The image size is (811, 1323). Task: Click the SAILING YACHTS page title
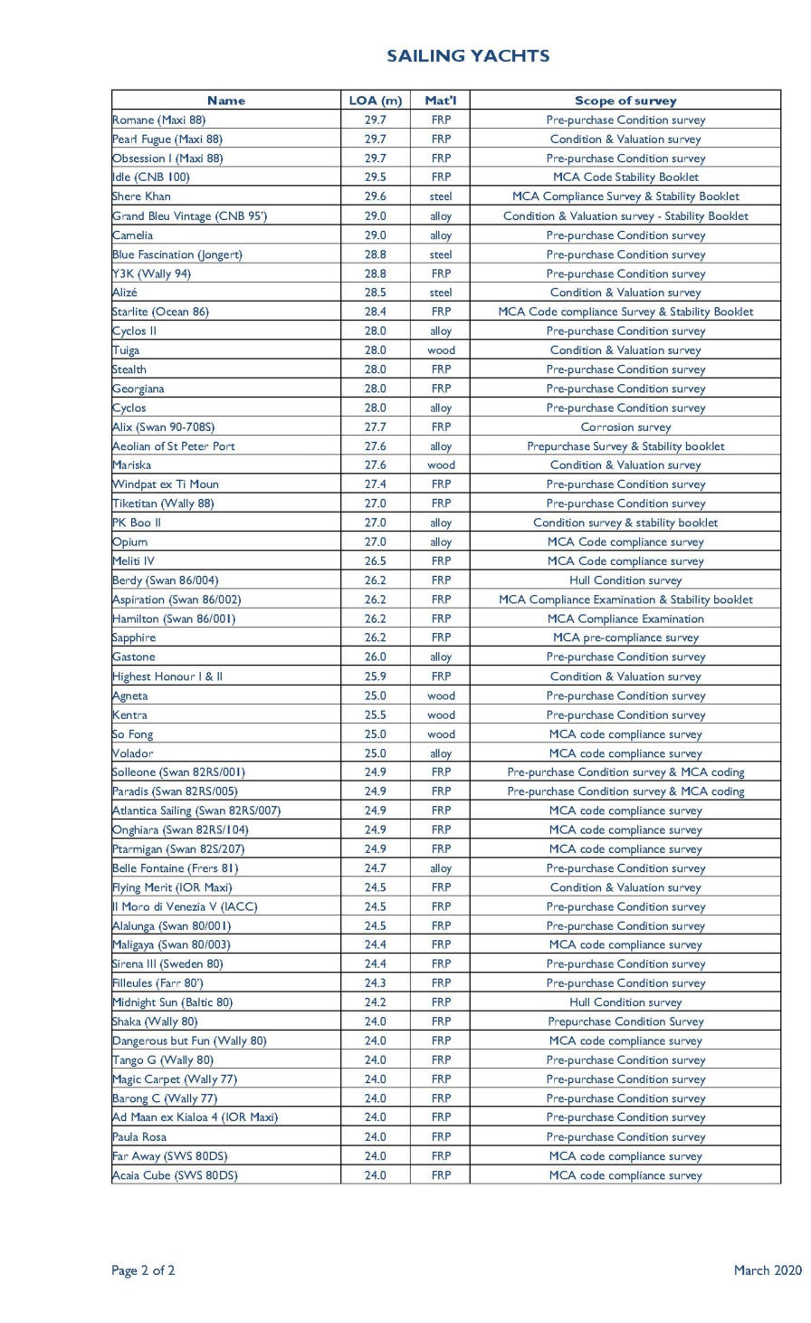[468, 56]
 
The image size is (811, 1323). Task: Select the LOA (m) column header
[375, 101]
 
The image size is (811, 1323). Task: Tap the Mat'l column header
[441, 101]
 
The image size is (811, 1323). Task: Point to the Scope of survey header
[625, 101]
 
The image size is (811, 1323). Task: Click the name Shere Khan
[141, 197]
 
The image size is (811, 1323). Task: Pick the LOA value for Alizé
[375, 292]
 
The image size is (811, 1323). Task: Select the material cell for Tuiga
[441, 350]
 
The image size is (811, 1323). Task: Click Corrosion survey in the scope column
[625, 427]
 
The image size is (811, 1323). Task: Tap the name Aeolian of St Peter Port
[173, 446]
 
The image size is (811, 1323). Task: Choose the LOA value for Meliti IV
[375, 561]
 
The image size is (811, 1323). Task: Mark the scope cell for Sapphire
[625, 638]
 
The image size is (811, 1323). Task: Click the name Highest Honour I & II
[167, 676]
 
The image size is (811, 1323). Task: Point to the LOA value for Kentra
[375, 715]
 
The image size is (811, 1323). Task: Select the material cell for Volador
[441, 753]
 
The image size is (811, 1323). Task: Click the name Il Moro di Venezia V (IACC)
[185, 906]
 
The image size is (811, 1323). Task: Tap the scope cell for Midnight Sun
[625, 1002]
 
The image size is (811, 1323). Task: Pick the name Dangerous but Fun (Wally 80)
[189, 1041]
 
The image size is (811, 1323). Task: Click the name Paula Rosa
[139, 1137]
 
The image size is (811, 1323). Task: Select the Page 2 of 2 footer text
[143, 1270]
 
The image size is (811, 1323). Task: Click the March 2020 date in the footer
[768, 1270]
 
